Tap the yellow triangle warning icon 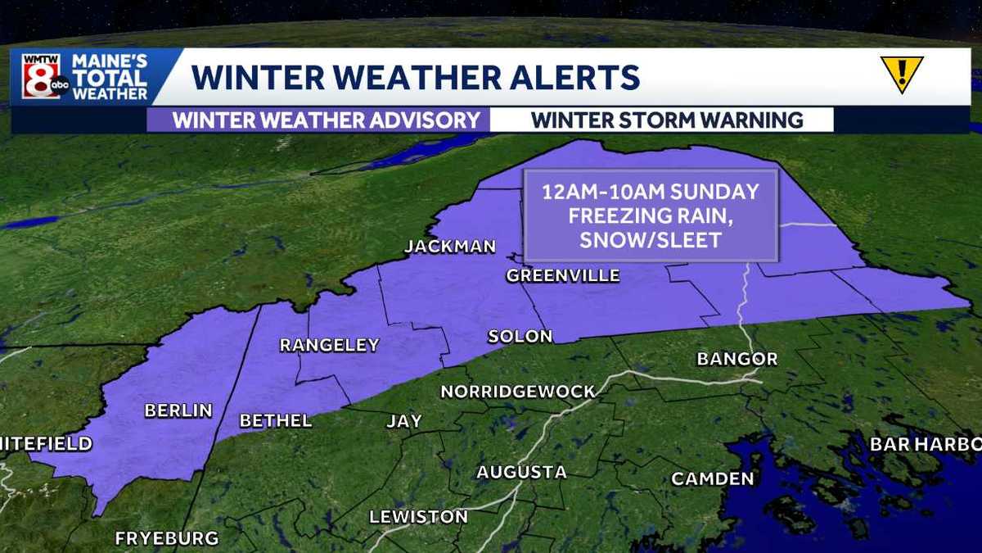point(901,75)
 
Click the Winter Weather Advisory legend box point(326,120)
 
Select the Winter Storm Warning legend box point(666,120)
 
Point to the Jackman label point(451,247)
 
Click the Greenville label point(563,275)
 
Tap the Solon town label point(520,336)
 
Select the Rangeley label point(330,345)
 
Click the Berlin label point(178,410)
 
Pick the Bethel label point(276,420)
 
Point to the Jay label point(404,421)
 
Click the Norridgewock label point(518,392)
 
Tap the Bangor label point(736,359)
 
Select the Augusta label point(521,472)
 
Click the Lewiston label point(418,517)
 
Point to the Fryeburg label point(167,538)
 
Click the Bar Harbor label point(925,444)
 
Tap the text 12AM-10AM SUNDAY point(651,193)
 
